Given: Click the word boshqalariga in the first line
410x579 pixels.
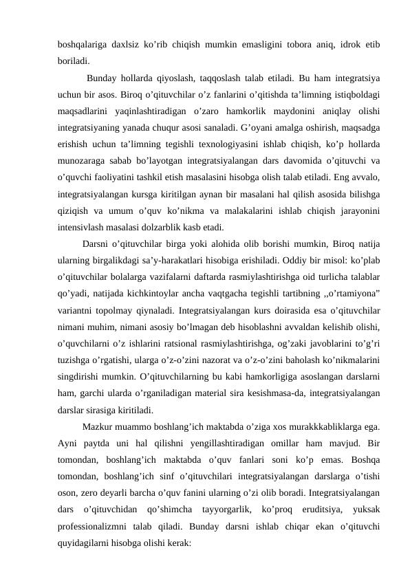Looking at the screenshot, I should pos(85,44).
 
